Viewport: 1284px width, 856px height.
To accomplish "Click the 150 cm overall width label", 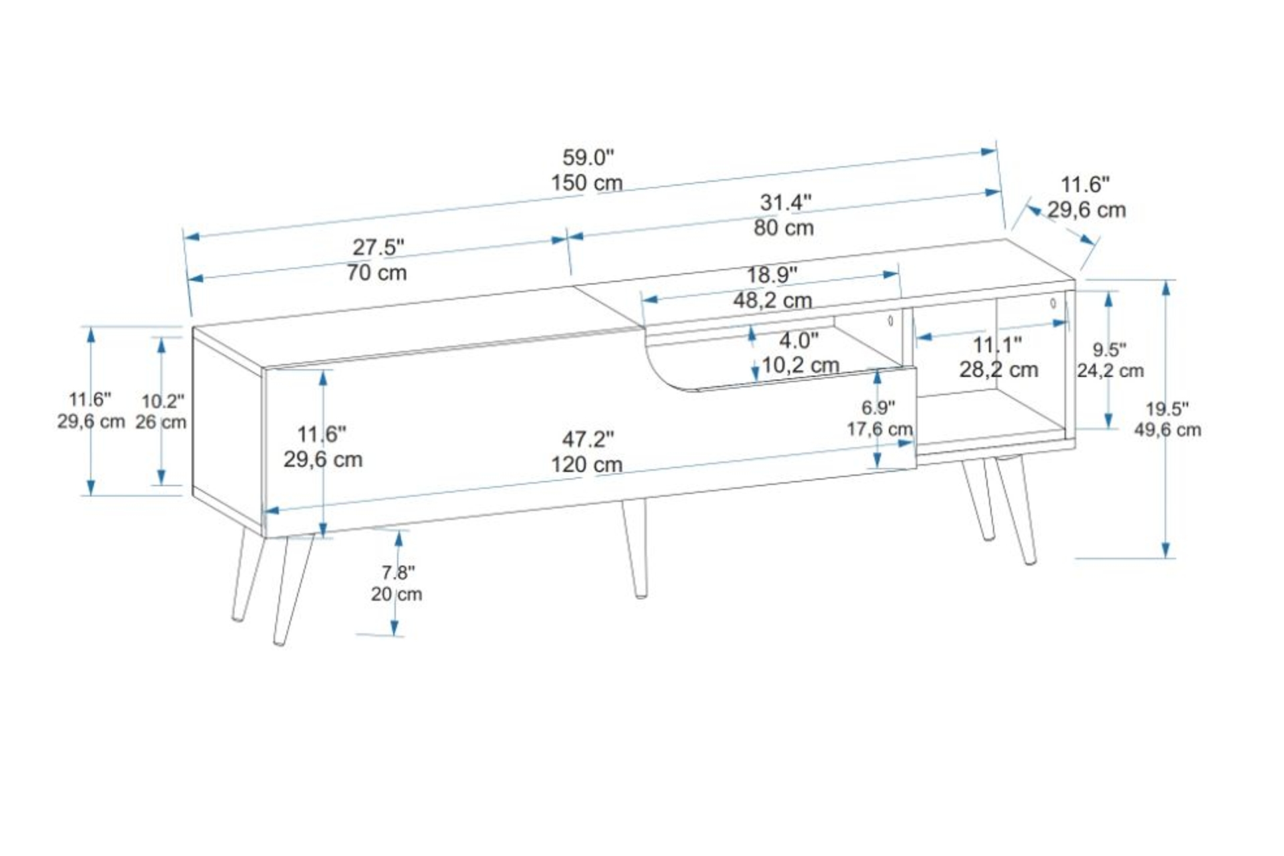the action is coord(586,183).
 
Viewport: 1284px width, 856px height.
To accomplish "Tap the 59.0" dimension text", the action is coord(588,158).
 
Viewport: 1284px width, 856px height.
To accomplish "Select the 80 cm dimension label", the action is coord(784,228).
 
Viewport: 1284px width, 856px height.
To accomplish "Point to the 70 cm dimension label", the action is coord(377,273).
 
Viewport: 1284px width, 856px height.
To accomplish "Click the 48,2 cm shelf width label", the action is coord(772,300).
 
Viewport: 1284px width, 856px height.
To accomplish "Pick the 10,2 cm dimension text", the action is coord(800,365).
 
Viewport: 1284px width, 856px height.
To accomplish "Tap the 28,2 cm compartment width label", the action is coord(998,369).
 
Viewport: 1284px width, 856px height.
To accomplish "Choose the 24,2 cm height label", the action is coord(1110,370).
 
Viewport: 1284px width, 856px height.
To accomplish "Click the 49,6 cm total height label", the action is coord(1167,429).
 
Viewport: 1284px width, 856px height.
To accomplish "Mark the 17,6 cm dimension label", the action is coord(879,429).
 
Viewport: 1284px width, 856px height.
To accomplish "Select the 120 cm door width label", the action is coord(586,464).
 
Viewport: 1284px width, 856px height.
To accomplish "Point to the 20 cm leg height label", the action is coord(397,594).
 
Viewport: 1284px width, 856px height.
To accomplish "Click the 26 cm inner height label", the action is coord(160,422).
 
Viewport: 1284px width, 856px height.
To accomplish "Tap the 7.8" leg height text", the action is coord(398,572).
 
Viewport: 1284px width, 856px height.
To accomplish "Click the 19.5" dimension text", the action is coord(1167,408).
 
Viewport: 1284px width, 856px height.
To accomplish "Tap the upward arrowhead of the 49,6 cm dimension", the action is coord(1166,288).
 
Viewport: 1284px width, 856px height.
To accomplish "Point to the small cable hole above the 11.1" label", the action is coord(1053,303).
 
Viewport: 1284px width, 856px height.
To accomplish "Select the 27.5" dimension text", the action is coord(379,247).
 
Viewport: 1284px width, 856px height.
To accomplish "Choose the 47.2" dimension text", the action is coord(588,439).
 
